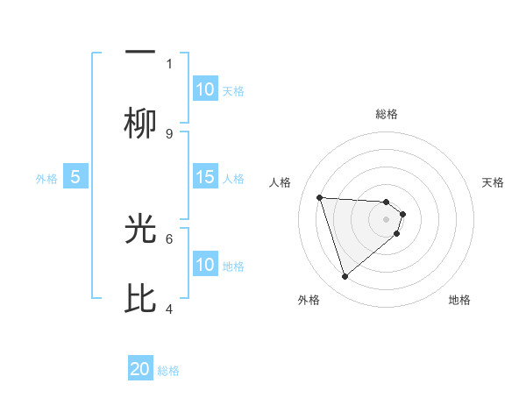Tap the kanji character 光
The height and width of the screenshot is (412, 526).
(x=140, y=230)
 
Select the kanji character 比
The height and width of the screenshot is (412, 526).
(x=140, y=299)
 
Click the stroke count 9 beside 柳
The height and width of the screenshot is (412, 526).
(x=169, y=133)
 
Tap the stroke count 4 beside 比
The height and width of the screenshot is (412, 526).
(x=169, y=309)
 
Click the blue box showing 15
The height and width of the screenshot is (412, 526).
(x=205, y=177)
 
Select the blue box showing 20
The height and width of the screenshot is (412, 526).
(x=140, y=369)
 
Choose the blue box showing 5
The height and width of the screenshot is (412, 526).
(x=75, y=177)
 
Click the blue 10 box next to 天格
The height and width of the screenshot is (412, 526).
(x=205, y=89)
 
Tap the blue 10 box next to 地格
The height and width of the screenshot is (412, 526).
(x=205, y=265)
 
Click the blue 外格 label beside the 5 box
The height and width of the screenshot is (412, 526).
(x=46, y=178)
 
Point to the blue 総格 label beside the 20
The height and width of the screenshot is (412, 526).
(x=168, y=371)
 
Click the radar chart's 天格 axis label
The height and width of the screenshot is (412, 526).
(x=493, y=182)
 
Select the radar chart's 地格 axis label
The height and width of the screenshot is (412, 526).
(x=459, y=300)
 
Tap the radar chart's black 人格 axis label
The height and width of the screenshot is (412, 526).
(x=281, y=182)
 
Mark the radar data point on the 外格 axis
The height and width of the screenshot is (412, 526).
(x=345, y=277)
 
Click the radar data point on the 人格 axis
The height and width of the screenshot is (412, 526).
(x=320, y=197)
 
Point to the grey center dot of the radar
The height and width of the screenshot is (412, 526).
(x=386, y=219)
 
